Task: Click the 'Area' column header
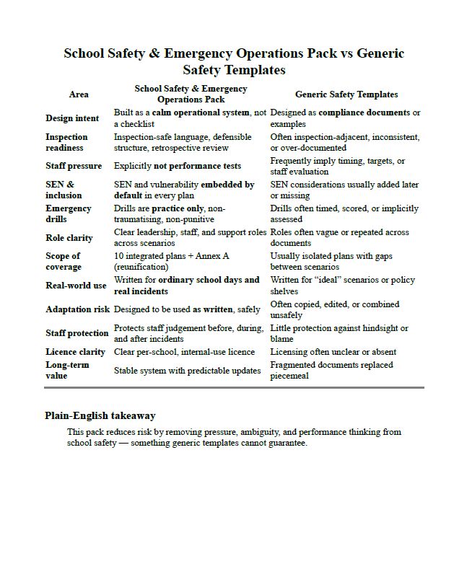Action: coord(79,94)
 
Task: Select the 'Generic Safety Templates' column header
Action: coord(346,94)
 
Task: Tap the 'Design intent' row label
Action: coord(73,118)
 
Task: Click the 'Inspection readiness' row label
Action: coord(66,142)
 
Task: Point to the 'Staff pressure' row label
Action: coord(74,166)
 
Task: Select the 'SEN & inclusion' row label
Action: coord(64,190)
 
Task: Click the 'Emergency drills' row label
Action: coord(69,213)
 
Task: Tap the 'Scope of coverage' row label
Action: coord(65,261)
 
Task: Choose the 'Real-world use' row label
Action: coord(76,286)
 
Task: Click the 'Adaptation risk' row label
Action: coord(77,309)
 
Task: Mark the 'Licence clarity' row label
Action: coord(77,352)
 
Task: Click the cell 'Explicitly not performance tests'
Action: coord(178,166)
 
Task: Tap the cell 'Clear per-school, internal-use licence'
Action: coord(184,352)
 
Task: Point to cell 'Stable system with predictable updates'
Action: coord(187,371)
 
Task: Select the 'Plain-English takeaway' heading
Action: coord(100,415)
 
